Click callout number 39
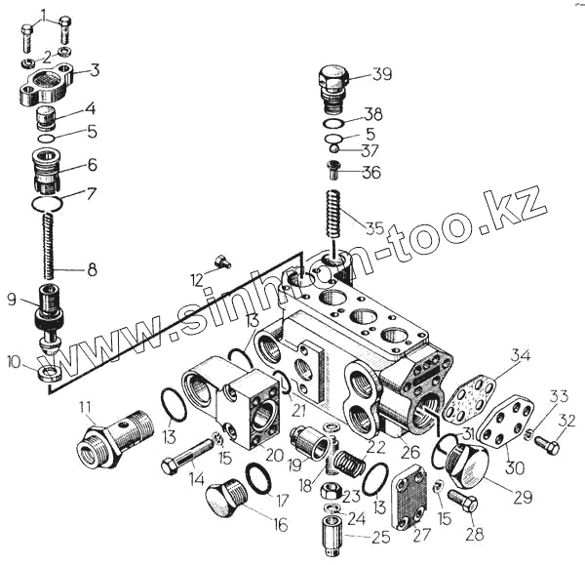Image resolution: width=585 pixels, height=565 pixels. [x=382, y=75]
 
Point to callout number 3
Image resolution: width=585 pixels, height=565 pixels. [x=95, y=69]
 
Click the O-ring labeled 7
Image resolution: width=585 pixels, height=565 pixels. [x=47, y=204]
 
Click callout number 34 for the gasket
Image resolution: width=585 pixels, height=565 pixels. [x=521, y=354]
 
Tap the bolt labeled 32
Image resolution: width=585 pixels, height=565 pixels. [x=546, y=446]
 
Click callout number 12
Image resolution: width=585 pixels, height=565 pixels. [x=196, y=280]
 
